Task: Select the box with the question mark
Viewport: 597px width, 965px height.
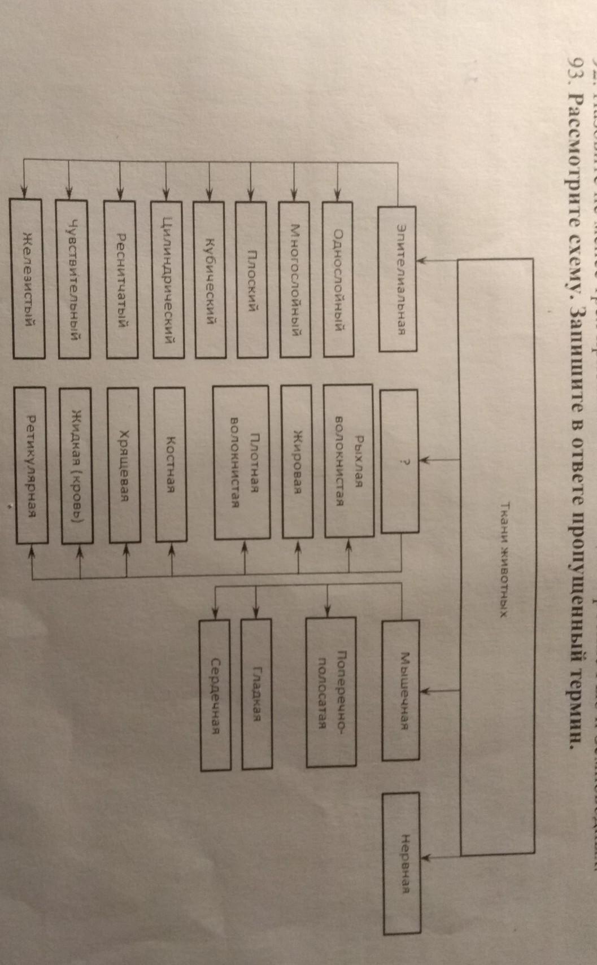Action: click(399, 461)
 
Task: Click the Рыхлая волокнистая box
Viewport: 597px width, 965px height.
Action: click(348, 461)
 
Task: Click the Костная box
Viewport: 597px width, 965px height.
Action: click(170, 464)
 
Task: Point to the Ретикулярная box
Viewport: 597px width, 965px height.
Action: click(32, 464)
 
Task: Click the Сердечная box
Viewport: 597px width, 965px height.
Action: click(215, 687)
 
